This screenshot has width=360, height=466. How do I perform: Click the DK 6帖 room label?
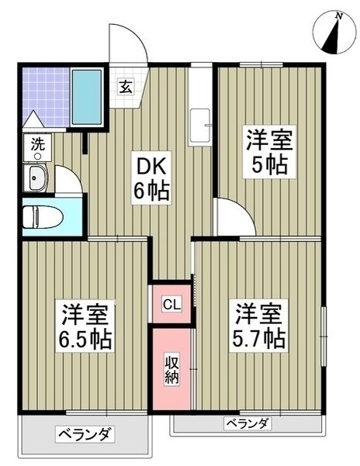(x=151, y=178)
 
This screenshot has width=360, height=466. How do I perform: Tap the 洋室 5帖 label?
(x=269, y=152)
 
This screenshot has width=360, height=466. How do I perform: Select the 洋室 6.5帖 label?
(x=85, y=326)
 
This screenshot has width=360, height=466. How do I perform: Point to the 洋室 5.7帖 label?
(x=258, y=326)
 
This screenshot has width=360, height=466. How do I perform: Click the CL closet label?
(x=171, y=304)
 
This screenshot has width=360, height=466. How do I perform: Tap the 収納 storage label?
(x=172, y=370)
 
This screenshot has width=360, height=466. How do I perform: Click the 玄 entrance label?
(x=126, y=87)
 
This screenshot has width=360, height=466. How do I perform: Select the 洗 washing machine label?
(x=38, y=144)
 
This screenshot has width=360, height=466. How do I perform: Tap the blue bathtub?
(x=87, y=97)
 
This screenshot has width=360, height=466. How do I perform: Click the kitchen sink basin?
(x=199, y=126)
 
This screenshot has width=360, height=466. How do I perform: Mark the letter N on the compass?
(x=337, y=17)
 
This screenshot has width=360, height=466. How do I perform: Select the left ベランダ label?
(x=85, y=435)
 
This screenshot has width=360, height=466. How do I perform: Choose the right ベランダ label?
(x=247, y=423)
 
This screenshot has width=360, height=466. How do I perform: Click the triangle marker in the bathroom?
(x=33, y=119)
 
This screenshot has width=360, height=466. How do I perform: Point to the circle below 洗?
(x=37, y=157)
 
